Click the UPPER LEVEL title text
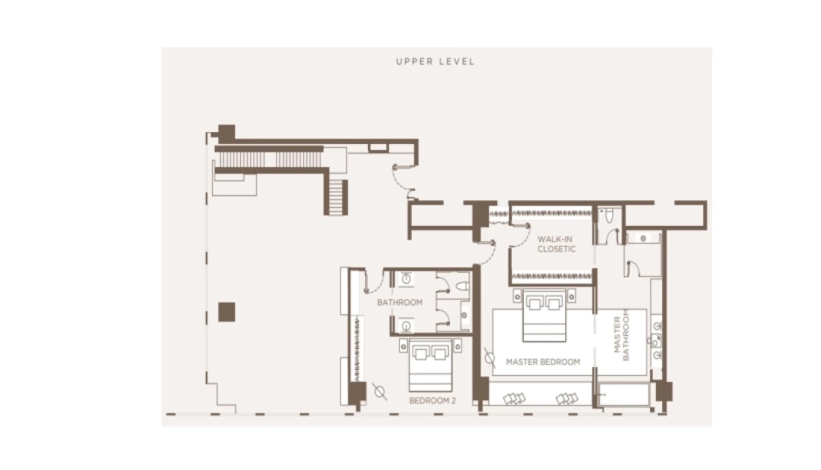click(435, 61)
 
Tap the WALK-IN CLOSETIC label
click(556, 244)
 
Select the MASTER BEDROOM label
click(543, 362)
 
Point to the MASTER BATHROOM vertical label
click(622, 335)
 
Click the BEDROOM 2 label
click(432, 401)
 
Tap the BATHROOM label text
click(399, 302)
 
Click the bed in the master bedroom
click(545, 316)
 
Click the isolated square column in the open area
click(227, 312)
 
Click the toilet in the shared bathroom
click(462, 286)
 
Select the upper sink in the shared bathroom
click(406, 279)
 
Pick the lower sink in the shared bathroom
click(406, 325)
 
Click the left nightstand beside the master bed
click(517, 296)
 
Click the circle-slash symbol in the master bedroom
click(490, 358)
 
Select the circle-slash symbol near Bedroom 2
click(380, 392)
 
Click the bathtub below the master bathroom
click(624, 395)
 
